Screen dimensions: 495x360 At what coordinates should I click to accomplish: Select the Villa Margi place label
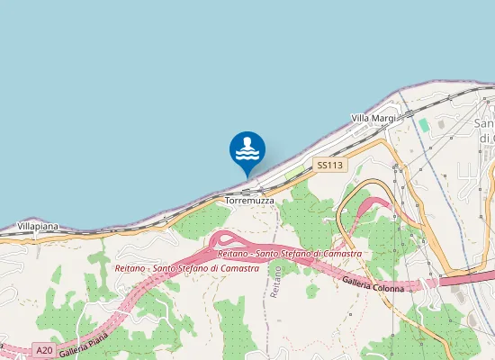coord(373,118)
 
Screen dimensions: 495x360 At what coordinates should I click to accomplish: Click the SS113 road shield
coord(330,165)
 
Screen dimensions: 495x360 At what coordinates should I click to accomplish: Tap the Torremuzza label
coord(250,202)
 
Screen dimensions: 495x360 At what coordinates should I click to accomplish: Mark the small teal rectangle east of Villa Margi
coord(423,123)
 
